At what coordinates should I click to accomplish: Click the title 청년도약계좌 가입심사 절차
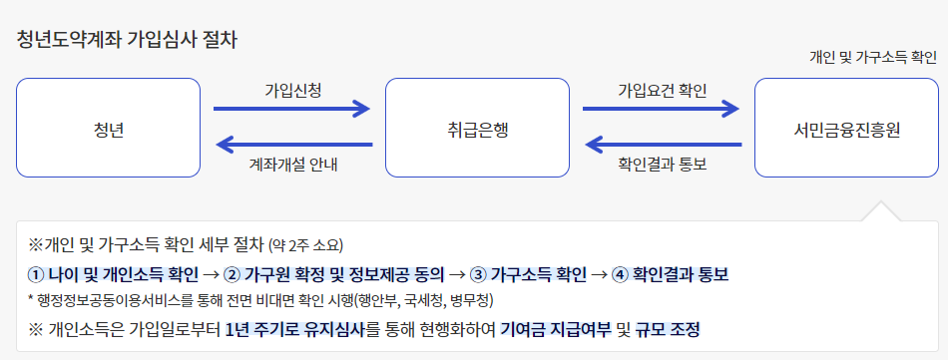[x=127, y=41]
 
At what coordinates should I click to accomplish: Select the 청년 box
[x=108, y=129]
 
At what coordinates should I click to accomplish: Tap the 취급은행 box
[x=477, y=129]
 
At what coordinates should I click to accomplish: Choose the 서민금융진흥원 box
[x=846, y=129]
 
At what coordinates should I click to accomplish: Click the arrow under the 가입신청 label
[x=292, y=109]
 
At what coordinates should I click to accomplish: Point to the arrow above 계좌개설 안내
[x=292, y=146]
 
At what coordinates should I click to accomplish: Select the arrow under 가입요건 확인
[x=662, y=109]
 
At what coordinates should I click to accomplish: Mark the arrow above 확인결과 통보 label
[x=662, y=146]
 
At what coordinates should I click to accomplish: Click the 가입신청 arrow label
[x=292, y=90]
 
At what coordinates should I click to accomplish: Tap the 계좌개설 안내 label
[x=292, y=165]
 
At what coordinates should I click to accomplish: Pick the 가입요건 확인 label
[x=662, y=90]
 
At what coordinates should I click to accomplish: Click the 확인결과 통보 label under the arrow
[x=662, y=165]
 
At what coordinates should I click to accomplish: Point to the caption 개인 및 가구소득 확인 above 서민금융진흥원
[x=873, y=58]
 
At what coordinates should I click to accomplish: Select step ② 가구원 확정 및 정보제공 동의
[x=333, y=273]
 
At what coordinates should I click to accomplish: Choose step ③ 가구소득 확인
[x=529, y=273]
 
